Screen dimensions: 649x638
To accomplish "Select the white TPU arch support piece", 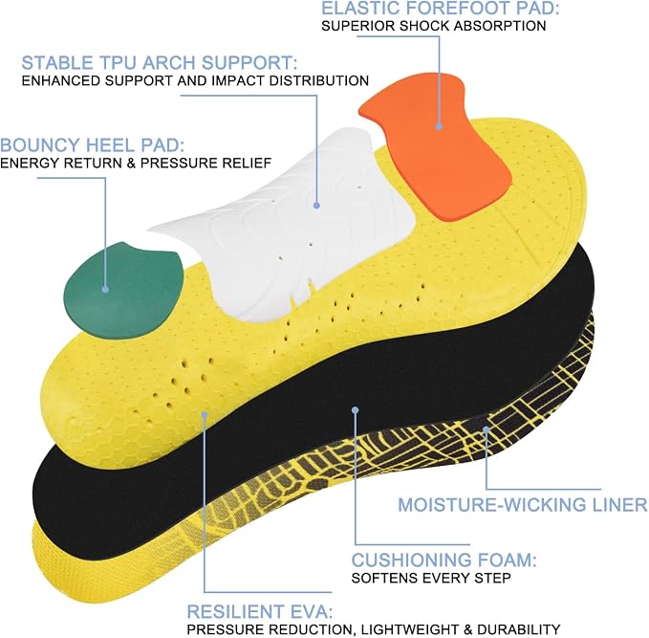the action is (286, 224).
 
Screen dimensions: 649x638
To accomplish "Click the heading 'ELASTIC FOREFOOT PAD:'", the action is (441, 9).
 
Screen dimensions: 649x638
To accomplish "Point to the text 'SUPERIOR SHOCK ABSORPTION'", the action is (434, 26).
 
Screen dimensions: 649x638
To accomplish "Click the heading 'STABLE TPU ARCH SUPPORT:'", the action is (160, 63).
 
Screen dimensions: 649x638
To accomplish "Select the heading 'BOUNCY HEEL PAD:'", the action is (93, 145).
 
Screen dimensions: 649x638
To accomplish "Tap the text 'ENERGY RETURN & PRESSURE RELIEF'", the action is (136, 164).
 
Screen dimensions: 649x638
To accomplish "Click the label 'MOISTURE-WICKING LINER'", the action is (523, 505).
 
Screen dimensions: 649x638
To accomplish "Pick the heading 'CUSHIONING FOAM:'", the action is (443, 561).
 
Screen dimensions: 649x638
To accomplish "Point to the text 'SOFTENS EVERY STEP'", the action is (431, 578).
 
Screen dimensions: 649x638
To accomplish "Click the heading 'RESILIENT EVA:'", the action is (260, 612).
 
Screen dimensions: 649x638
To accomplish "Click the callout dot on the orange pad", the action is (439, 127).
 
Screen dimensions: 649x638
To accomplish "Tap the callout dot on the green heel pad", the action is (105, 290).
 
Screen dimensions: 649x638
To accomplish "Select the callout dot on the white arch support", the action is (316, 205).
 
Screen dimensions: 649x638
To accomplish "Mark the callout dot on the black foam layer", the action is (356, 410).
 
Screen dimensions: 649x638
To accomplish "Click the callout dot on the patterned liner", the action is (486, 429).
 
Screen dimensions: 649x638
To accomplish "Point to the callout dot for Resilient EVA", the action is (204, 414).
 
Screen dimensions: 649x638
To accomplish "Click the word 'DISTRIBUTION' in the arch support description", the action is (318, 80).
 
